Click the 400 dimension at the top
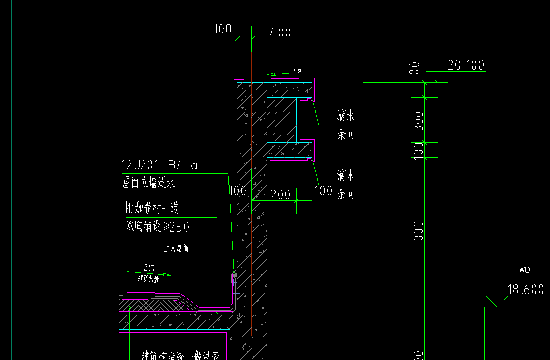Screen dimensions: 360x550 click(281, 33)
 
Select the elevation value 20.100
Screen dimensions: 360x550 click(466, 65)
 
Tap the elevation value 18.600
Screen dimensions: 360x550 click(525, 289)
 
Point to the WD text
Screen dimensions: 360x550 click(524, 269)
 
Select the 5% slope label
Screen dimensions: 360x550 click(297, 71)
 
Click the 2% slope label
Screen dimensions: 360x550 click(149, 267)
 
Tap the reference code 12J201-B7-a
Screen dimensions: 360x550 click(159, 165)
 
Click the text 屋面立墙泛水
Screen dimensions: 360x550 click(148, 182)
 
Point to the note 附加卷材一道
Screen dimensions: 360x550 click(152, 208)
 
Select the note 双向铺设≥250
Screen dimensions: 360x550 click(157, 226)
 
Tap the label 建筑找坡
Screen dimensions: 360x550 click(148, 279)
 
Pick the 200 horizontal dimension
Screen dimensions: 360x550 click(280, 194)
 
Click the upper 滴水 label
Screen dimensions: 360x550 click(346, 116)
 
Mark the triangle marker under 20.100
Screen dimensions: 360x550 click(437, 77)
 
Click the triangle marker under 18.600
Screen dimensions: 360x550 click(495, 301)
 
